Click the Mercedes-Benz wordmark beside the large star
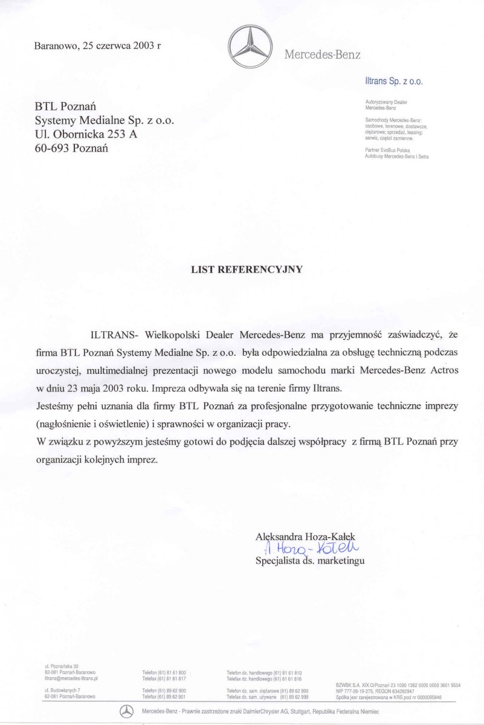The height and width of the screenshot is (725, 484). point(321,55)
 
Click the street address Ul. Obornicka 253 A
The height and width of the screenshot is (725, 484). point(86,134)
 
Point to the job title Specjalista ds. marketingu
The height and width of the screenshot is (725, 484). point(310,560)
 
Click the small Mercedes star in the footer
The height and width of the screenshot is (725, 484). point(126,712)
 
